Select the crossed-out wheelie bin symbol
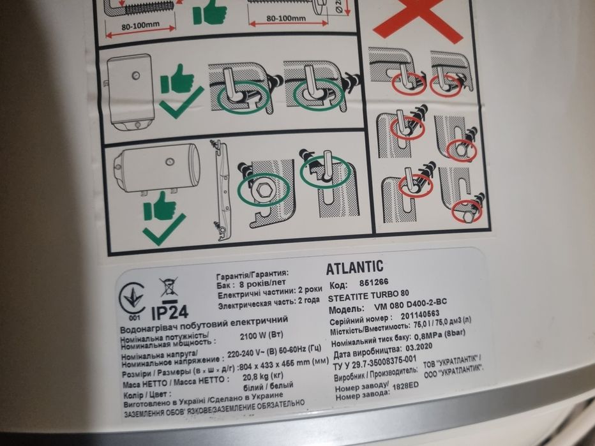pyautogui.click(x=169, y=287)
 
